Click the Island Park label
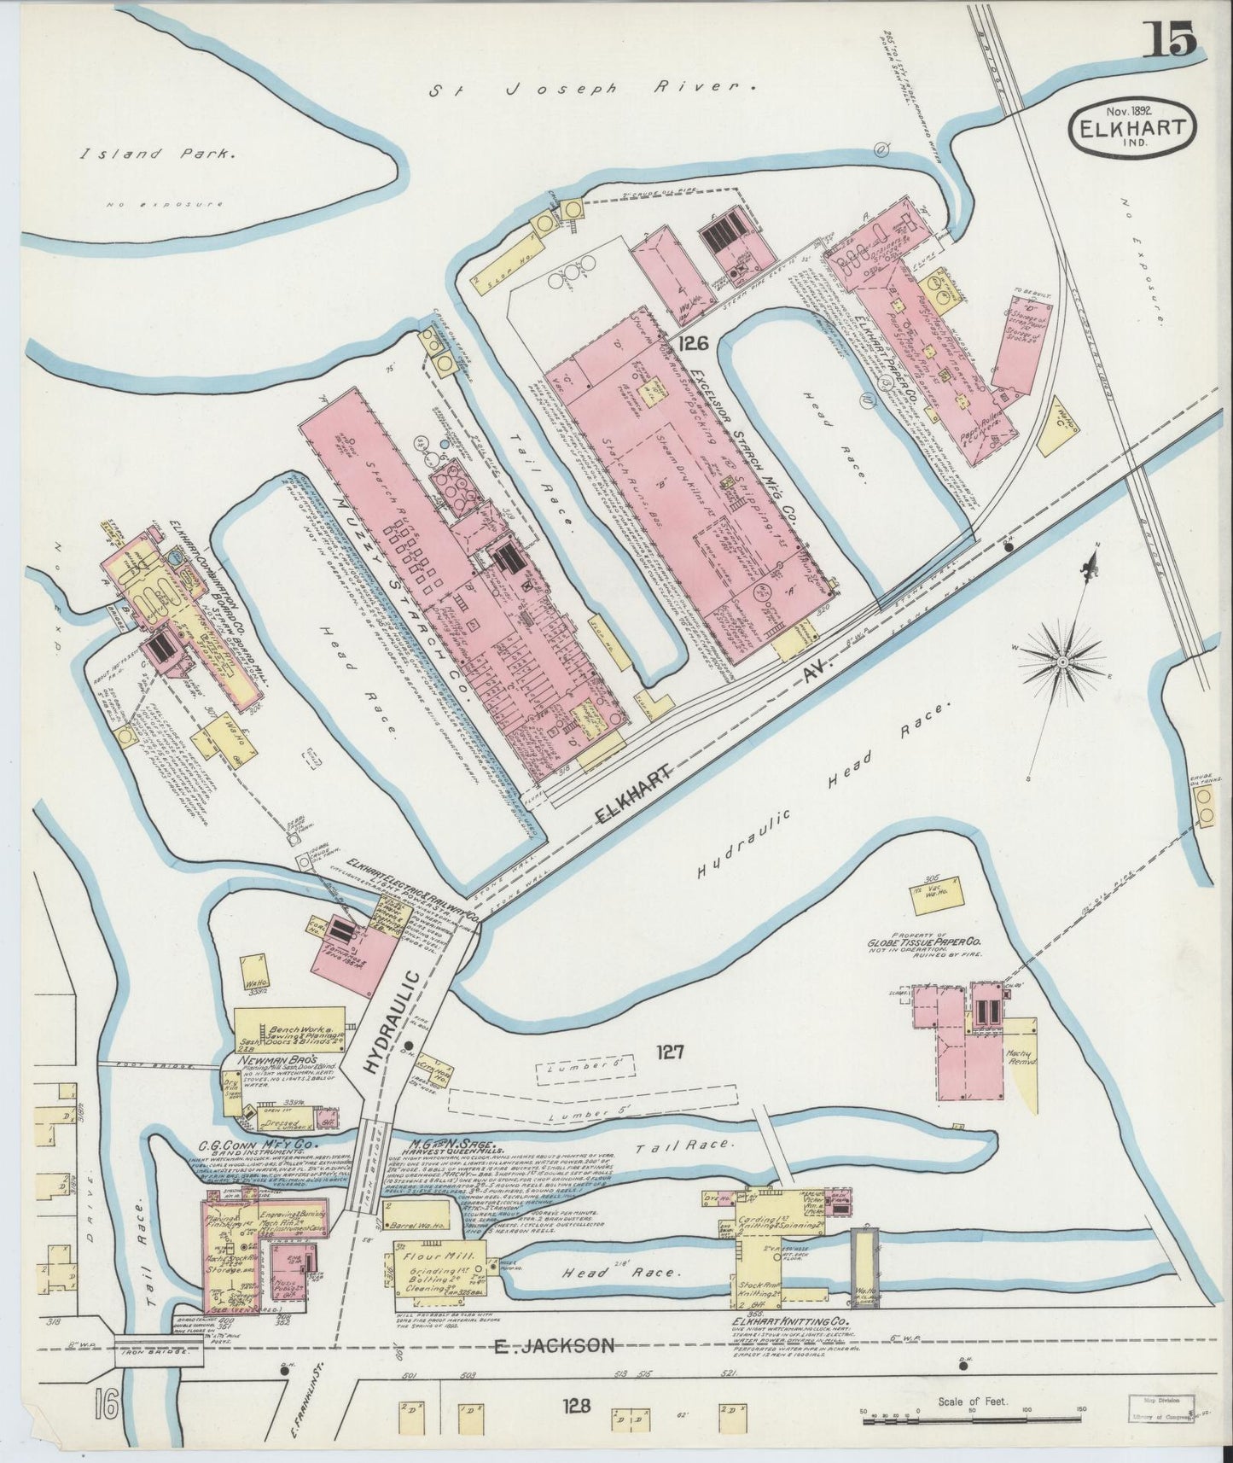157,154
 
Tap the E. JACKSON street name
555,1346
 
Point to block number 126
695,343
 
